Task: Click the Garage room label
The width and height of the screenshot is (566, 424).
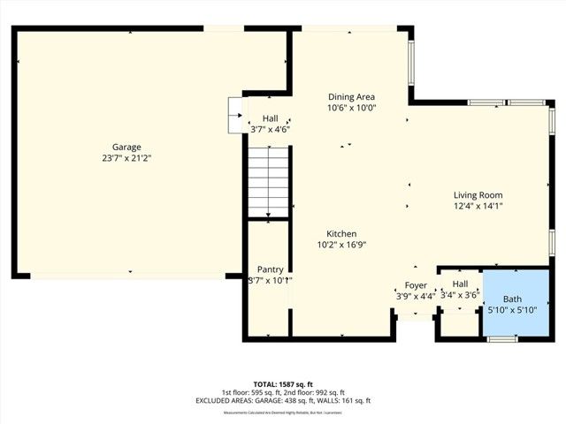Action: pyautogui.click(x=126, y=148)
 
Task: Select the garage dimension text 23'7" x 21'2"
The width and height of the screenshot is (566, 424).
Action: pyautogui.click(x=126, y=158)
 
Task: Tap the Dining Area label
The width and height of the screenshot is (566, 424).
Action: pyautogui.click(x=352, y=97)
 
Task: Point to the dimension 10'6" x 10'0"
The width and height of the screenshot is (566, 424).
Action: pyautogui.click(x=352, y=108)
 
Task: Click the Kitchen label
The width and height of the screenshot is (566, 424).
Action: pyautogui.click(x=341, y=234)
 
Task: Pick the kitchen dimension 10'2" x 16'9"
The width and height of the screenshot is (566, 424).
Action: pyautogui.click(x=341, y=245)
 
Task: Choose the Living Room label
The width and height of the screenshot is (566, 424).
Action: pyautogui.click(x=478, y=195)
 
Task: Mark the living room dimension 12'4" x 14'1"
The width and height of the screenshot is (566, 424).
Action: pyautogui.click(x=478, y=206)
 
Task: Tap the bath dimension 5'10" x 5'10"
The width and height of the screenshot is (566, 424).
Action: pyautogui.click(x=513, y=310)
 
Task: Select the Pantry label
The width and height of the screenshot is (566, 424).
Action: pyautogui.click(x=270, y=269)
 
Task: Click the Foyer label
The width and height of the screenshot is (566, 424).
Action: pyautogui.click(x=416, y=285)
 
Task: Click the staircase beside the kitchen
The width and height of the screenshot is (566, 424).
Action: pyautogui.click(x=267, y=182)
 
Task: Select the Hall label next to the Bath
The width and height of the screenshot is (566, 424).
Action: pyautogui.click(x=460, y=284)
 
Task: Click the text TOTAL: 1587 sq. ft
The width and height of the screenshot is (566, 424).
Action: pyautogui.click(x=283, y=383)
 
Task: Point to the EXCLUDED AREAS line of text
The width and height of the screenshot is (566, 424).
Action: pyautogui.click(x=283, y=401)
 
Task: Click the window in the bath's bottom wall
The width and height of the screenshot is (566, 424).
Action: pyautogui.click(x=502, y=339)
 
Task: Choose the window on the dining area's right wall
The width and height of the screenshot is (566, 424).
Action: pyautogui.click(x=410, y=66)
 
